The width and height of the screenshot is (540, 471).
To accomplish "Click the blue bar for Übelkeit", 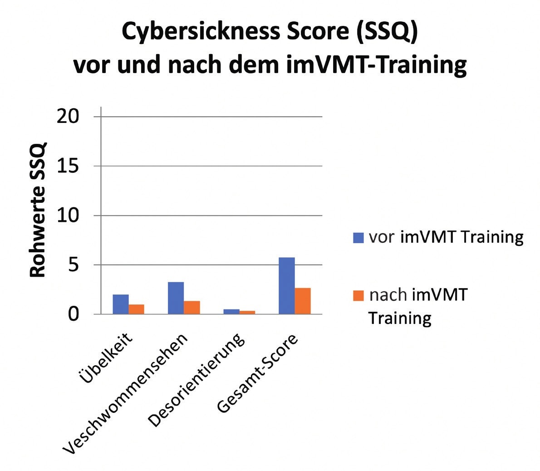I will coord(121,304).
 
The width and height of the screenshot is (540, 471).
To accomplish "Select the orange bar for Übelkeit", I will coord(136,309).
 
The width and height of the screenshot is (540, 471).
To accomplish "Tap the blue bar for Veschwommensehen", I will coord(176,298).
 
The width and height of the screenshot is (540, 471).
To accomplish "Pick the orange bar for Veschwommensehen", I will coord(191,307).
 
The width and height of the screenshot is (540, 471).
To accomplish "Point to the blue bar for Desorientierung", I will coord(231,311).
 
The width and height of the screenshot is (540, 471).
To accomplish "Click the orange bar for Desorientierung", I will coord(247,312).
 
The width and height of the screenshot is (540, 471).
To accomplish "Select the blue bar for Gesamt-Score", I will coord(286,285).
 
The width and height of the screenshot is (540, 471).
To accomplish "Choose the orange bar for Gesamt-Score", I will coord(302,301).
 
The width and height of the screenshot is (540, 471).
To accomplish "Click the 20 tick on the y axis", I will coord(68,117).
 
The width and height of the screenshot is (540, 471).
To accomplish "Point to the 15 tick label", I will coord(68,166).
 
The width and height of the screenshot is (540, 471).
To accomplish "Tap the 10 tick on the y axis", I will coord(68,216).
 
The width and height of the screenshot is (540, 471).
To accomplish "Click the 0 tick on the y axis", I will coord(74,314).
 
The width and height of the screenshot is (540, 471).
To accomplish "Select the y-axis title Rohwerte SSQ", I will coord(39,210).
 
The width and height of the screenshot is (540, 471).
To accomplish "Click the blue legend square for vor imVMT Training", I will coord(358,237).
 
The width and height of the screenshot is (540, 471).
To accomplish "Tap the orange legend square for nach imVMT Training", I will coord(358,295).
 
